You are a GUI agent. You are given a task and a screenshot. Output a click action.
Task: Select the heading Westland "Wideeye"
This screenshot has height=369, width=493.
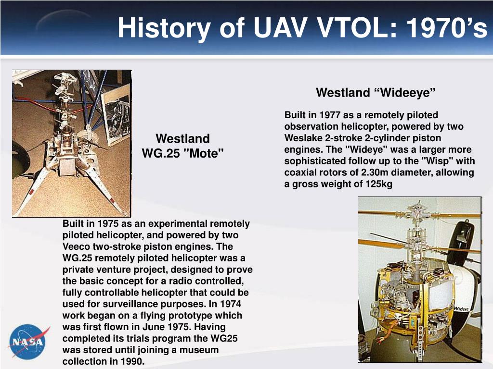click(x=376, y=93)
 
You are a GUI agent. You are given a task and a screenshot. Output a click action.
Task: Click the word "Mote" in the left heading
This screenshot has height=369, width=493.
click(x=204, y=153)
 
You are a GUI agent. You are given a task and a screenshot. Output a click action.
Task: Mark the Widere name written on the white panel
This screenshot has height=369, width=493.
click(x=461, y=309)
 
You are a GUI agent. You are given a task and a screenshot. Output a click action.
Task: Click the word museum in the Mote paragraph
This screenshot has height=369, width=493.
click(x=199, y=350)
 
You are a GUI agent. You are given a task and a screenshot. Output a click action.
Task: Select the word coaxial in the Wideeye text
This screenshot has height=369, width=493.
click(x=301, y=172)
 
